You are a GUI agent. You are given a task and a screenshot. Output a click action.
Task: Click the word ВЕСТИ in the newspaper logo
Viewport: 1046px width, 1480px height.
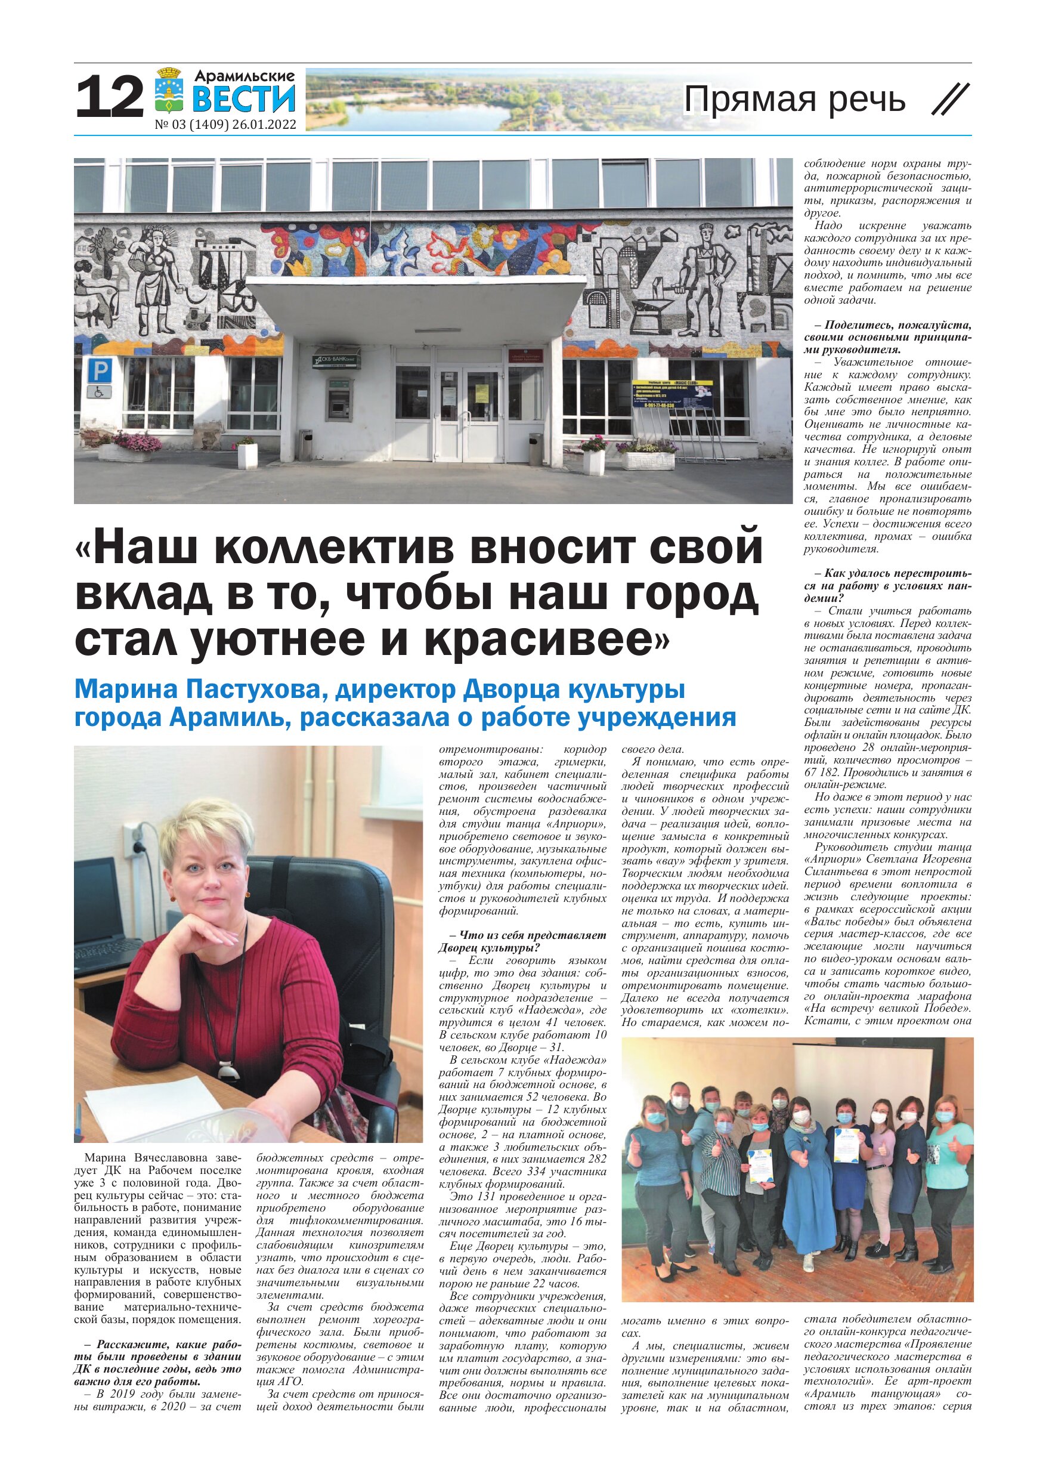coord(244,98)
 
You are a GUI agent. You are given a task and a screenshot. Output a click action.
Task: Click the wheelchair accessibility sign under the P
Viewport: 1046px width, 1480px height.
coord(99,391)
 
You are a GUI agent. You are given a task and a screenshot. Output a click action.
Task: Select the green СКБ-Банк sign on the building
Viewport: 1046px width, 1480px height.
coord(335,360)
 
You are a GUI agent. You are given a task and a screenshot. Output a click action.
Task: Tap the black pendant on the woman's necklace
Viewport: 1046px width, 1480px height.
coord(227,1070)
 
